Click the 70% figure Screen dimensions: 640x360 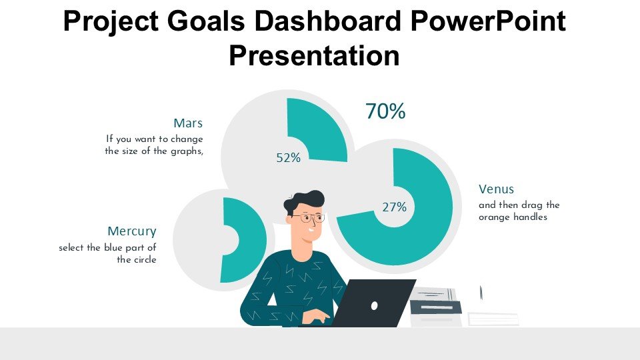click(x=385, y=111)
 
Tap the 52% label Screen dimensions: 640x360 click(x=288, y=157)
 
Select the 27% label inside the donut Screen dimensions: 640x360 click(x=394, y=207)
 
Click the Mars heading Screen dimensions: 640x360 click(x=188, y=123)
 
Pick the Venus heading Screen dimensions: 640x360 click(x=496, y=189)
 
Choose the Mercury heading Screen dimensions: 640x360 click(x=132, y=231)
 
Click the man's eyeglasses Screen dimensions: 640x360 click(x=312, y=217)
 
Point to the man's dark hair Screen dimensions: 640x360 click(x=304, y=201)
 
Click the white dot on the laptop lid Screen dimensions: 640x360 click(x=374, y=305)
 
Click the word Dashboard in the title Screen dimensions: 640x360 click(x=328, y=21)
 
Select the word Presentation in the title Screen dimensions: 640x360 click(x=314, y=55)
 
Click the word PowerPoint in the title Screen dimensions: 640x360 click(x=488, y=21)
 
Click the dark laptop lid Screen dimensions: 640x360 click(x=373, y=303)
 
